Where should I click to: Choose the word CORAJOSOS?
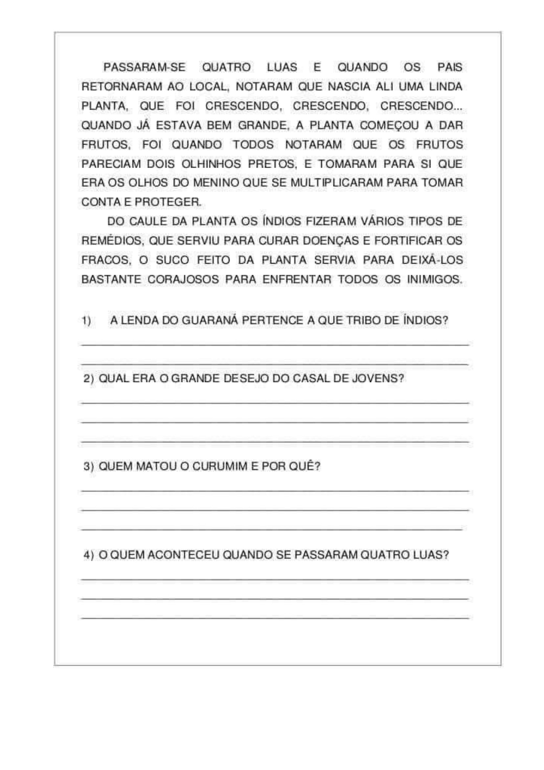(x=183, y=279)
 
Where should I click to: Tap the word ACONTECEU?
(x=183, y=555)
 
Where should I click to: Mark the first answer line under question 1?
(x=275, y=344)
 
